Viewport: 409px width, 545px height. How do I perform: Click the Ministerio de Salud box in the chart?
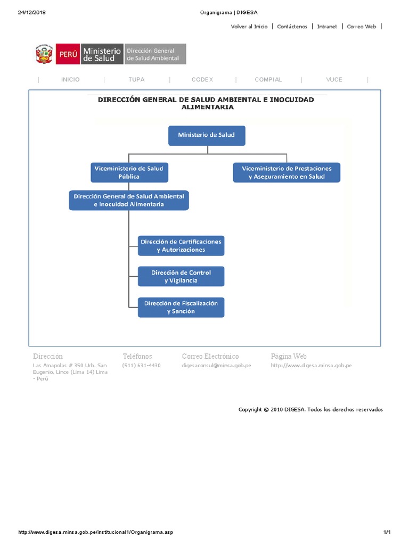click(208, 135)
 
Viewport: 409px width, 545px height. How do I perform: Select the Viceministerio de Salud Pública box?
click(128, 172)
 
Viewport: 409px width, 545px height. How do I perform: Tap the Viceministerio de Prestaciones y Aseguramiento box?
click(286, 172)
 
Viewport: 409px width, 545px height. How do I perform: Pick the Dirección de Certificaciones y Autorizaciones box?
click(181, 245)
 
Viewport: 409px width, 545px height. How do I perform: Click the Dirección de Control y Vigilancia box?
click(181, 276)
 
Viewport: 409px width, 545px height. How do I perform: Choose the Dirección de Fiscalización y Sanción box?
click(181, 307)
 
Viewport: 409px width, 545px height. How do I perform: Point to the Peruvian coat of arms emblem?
click(44, 54)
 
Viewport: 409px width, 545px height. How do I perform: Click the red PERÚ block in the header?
click(68, 54)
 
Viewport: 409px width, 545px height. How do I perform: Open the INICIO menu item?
click(70, 80)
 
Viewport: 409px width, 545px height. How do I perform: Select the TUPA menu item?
click(136, 80)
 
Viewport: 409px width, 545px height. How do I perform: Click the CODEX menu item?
click(202, 80)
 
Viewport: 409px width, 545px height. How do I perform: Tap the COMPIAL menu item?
click(268, 80)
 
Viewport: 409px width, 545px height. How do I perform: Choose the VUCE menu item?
click(334, 80)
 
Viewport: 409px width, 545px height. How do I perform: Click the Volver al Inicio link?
click(249, 27)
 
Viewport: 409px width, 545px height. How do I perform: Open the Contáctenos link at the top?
click(292, 27)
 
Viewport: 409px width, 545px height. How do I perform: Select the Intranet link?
click(327, 27)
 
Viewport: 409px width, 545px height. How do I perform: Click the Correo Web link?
click(362, 27)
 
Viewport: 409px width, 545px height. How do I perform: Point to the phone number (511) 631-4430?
click(141, 366)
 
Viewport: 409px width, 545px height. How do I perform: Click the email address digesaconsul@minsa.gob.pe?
click(216, 366)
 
